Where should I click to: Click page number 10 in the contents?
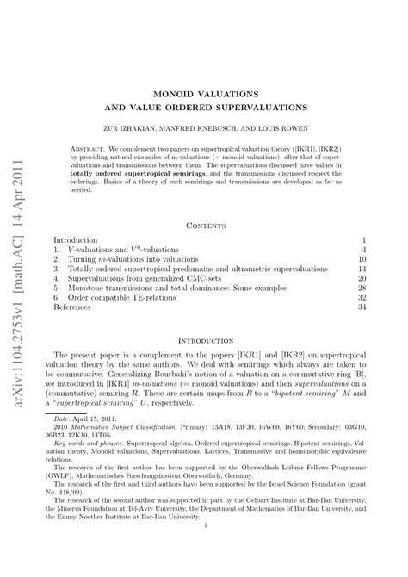pyautogui.click(x=362, y=258)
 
